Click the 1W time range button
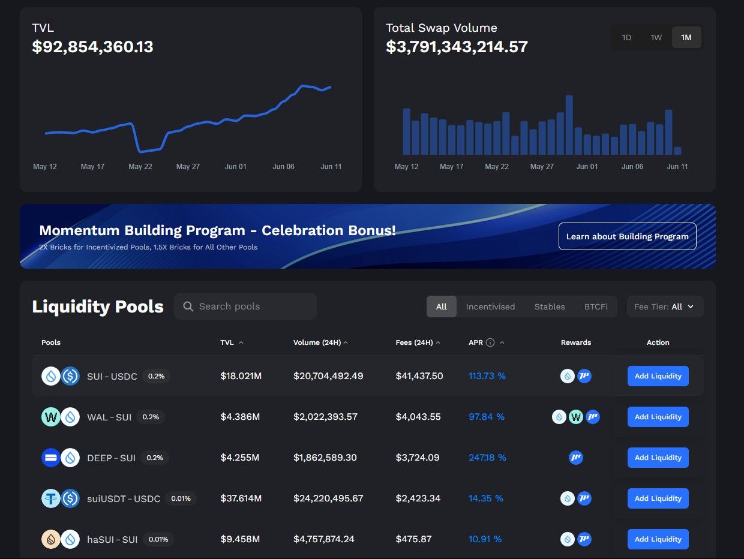pos(656,37)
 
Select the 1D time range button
pos(626,37)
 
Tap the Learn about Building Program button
pos(627,236)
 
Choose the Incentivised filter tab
pos(490,306)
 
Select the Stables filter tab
pos(550,306)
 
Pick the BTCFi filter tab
pos(596,306)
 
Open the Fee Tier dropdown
pos(665,306)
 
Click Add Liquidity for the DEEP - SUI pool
pos(658,458)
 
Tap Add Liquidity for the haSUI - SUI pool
pos(658,539)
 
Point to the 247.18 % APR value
pos(487,458)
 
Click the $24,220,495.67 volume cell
pos(328,498)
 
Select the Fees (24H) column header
pos(414,342)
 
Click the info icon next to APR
pos(490,342)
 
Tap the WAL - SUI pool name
pos(109,417)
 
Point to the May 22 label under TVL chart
pos(140,167)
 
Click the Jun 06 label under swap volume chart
pos(632,167)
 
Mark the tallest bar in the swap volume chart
pos(569,125)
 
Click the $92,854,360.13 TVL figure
pos(92,47)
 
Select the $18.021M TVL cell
pos(241,376)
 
